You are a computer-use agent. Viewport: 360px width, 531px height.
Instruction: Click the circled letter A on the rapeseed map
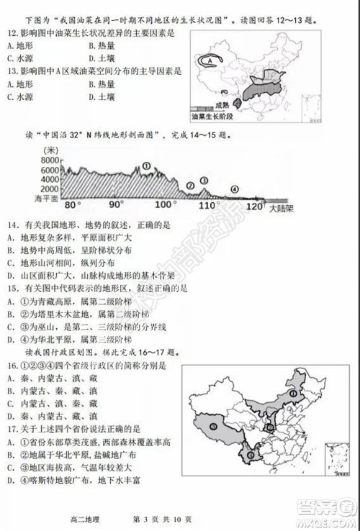(x=209, y=63)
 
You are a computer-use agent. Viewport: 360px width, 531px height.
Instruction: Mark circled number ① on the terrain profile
(x=146, y=165)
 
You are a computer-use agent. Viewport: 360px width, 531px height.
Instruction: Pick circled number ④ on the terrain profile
(x=233, y=189)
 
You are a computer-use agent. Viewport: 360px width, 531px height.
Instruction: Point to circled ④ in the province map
(x=214, y=426)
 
